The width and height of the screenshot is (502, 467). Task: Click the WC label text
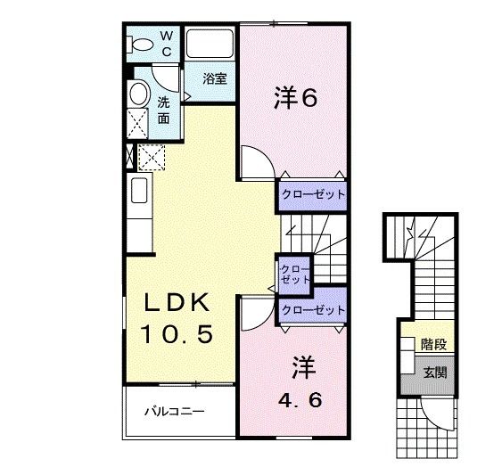coord(166,43)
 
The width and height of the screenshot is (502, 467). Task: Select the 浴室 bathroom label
coord(214,79)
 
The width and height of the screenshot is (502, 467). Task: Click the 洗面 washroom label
coord(165,110)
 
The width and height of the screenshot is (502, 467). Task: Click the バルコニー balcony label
coord(176,412)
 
